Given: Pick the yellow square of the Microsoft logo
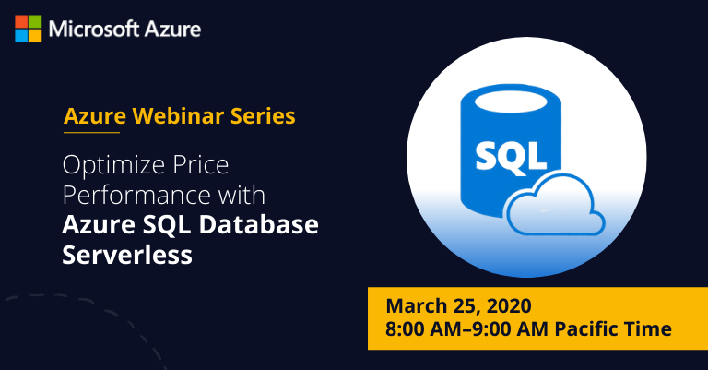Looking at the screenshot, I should pyautogui.click(x=34, y=35).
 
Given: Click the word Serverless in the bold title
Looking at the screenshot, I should pyautogui.click(x=127, y=255).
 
